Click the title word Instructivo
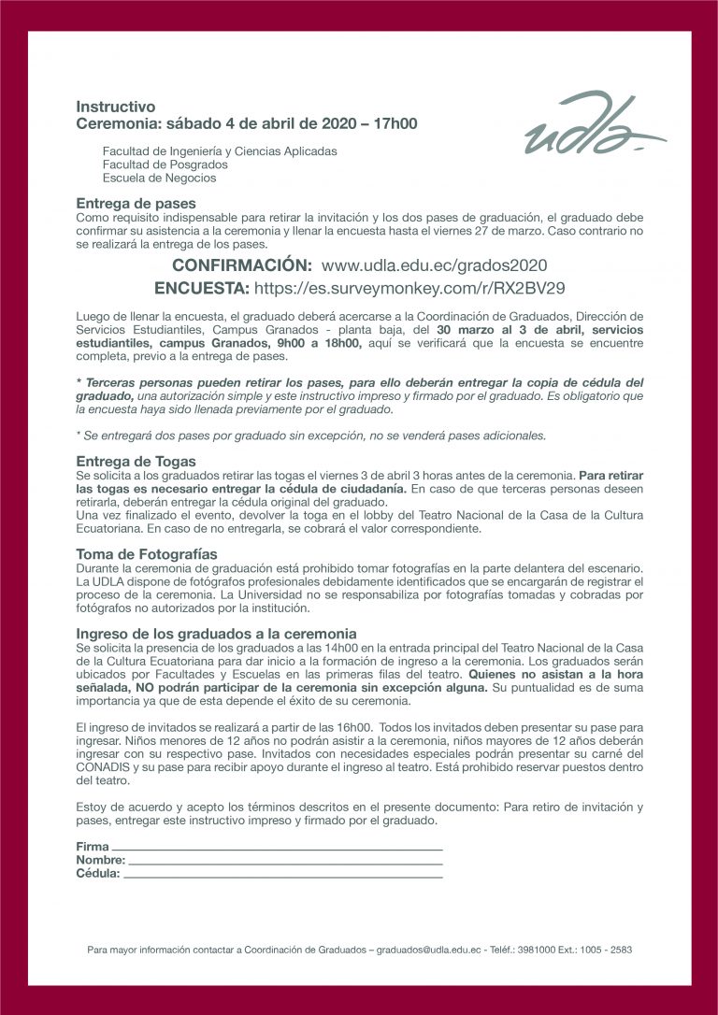point(116,107)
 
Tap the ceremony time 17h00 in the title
point(395,123)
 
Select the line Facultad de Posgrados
point(165,164)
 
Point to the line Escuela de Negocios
point(159,178)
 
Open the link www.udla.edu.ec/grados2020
point(434,265)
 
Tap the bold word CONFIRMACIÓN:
point(241,265)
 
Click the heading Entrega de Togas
point(136,461)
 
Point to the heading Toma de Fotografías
point(146,553)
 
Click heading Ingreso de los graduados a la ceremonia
point(215,633)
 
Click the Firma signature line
point(277,848)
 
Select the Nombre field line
point(284,861)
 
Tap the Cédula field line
point(282,875)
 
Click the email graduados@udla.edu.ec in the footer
point(429,950)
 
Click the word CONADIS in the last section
point(102,765)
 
